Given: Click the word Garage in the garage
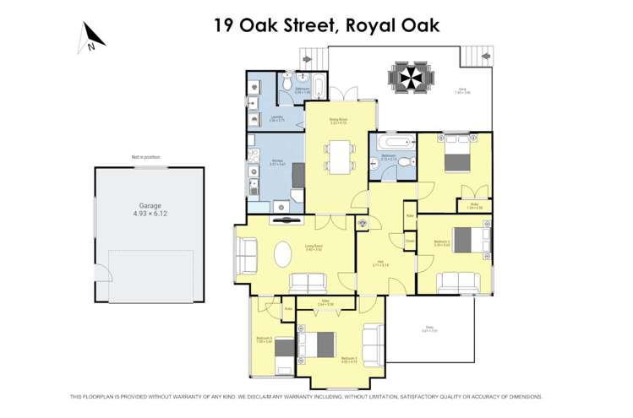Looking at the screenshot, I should coord(149,205).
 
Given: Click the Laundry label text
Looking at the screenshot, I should coord(275,119).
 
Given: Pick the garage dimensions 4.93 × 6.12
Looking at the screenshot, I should coord(149,214).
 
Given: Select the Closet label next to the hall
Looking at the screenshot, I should coord(409,240).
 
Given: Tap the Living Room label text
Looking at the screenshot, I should coord(314,247).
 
